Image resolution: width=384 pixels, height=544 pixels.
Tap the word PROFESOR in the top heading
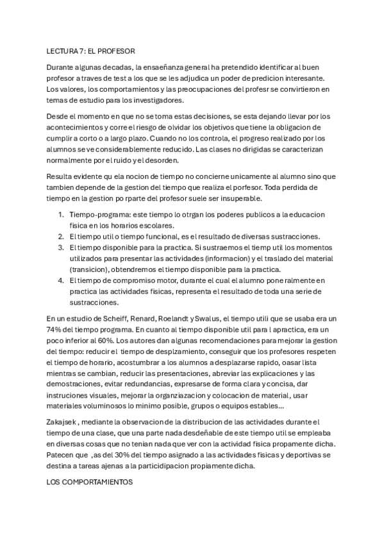tap(117, 50)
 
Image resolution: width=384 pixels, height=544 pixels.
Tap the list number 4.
tap(60, 280)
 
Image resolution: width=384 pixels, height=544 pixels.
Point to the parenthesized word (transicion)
tap(93, 269)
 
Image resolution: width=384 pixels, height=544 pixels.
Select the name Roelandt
tap(181, 318)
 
